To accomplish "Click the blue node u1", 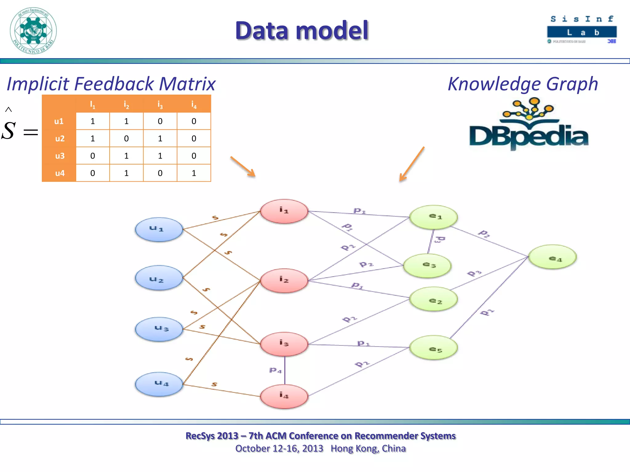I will point(159,229).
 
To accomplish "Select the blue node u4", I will point(159,384).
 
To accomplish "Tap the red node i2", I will point(284,280).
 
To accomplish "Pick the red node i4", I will point(284,396).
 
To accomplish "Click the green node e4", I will point(552,257).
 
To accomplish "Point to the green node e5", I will point(433,348).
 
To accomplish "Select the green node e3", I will point(427,265).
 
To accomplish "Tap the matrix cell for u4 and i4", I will point(194,173).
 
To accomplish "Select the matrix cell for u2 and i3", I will point(160,139).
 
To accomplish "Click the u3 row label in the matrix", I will point(59,156).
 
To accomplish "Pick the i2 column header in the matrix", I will point(126,104).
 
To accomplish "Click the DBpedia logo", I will point(528,126).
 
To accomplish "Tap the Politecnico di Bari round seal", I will point(33,31).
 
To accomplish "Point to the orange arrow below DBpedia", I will point(412,164).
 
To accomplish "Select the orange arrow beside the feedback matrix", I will point(243,167).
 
